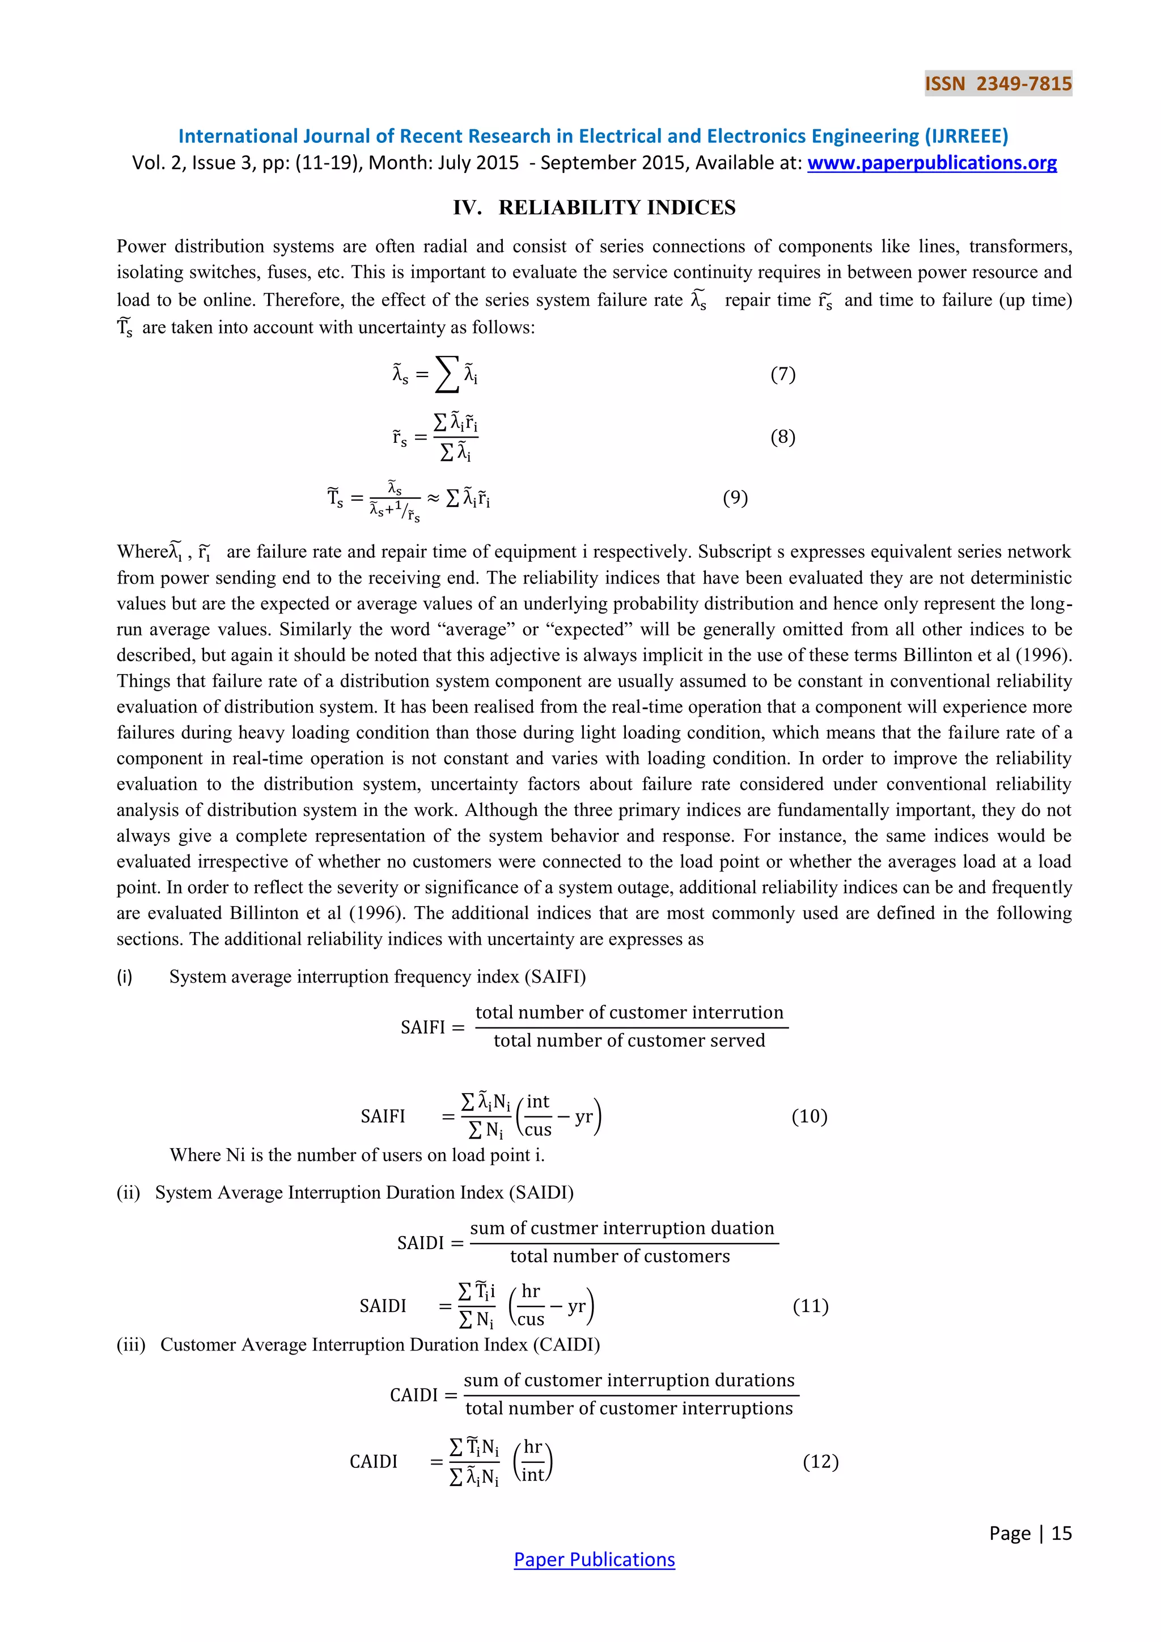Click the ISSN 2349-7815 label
click(x=998, y=84)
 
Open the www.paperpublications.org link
click(x=931, y=163)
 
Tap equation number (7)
click(x=783, y=374)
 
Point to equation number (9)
click(x=735, y=497)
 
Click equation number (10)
click(x=810, y=1116)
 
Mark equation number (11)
click(x=810, y=1306)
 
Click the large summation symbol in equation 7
click(x=447, y=375)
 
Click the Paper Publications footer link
click(x=594, y=1559)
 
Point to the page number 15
click(x=1061, y=1533)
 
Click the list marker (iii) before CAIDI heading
click(x=131, y=1344)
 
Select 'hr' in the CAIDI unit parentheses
click(x=533, y=1447)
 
